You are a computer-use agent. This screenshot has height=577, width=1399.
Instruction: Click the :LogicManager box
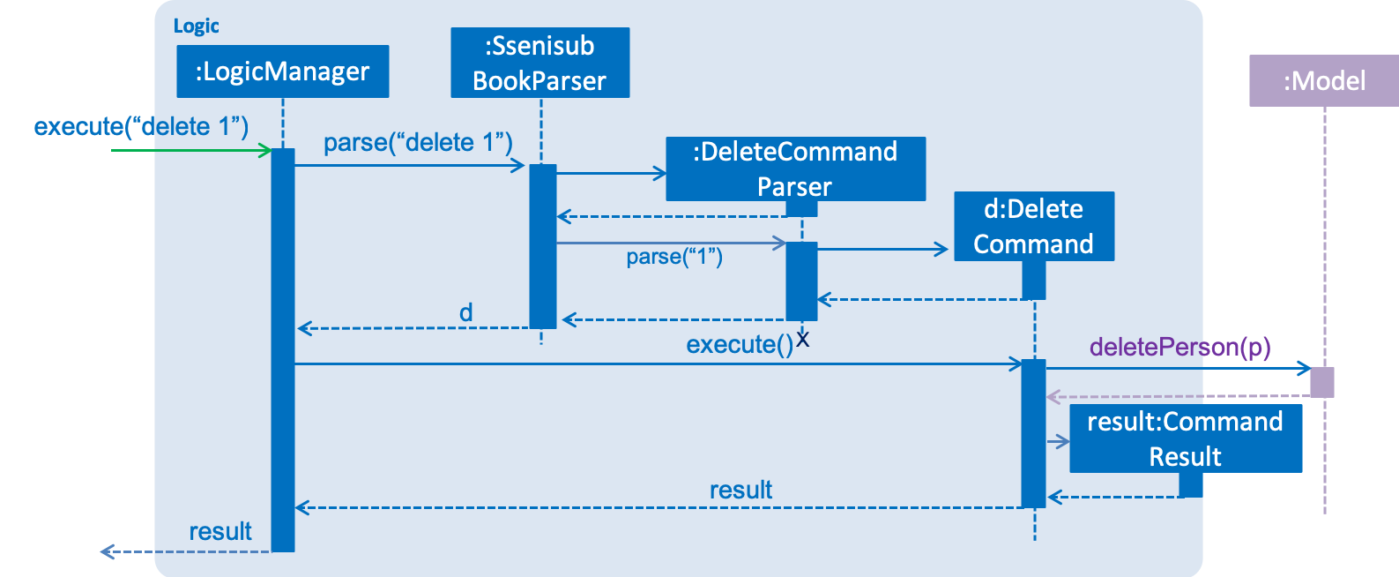[282, 71]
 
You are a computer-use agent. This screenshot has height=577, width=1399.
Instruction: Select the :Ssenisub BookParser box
[540, 63]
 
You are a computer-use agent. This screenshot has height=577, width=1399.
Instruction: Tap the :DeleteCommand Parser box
[796, 169]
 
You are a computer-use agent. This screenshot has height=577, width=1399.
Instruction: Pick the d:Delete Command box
[1034, 226]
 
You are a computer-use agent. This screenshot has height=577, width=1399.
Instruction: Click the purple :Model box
[1324, 80]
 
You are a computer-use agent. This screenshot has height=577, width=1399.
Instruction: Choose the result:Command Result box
[1186, 438]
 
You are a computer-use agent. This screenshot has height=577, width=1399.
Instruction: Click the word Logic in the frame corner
[196, 26]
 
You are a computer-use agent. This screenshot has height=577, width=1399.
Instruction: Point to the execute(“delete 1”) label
[141, 126]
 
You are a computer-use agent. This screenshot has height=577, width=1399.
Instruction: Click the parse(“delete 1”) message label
[418, 143]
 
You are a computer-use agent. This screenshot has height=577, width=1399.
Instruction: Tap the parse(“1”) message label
[674, 257]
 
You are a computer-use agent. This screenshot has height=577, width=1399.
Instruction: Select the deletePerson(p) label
[1179, 347]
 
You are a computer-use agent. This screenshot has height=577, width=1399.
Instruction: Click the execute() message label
[740, 344]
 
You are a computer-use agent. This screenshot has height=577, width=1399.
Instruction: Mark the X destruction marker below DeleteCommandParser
[802, 339]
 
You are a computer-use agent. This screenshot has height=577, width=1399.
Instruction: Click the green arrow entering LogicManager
[191, 151]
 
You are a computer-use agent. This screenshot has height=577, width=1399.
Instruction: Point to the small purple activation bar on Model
[1322, 383]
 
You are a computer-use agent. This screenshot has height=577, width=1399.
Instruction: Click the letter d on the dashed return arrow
[466, 312]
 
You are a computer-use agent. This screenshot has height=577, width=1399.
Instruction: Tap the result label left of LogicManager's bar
[220, 531]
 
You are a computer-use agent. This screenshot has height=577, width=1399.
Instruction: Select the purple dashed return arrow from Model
[1178, 396]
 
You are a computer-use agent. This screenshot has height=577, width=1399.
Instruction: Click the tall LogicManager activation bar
[283, 350]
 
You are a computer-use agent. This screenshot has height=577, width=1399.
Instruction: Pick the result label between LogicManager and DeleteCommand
[740, 490]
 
